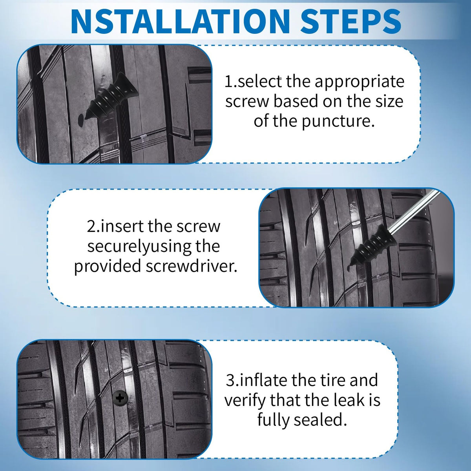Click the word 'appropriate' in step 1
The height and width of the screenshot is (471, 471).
pos(359,82)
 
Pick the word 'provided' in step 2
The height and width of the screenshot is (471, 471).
pos(108,267)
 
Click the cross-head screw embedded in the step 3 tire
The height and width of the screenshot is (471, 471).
pos(120,398)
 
